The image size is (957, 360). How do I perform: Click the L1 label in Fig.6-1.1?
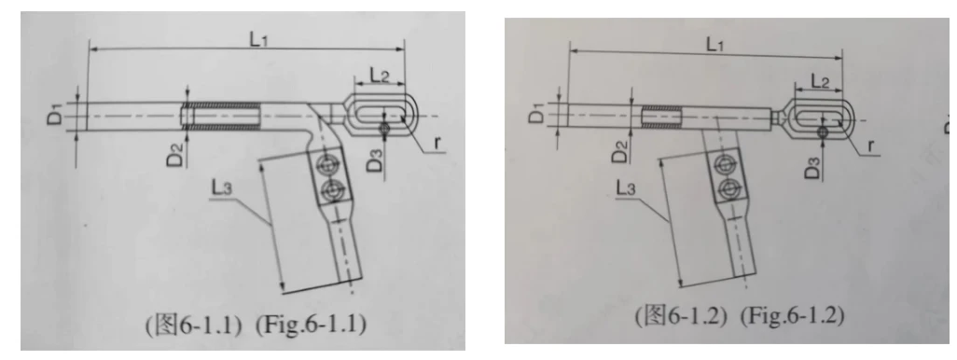pos(260,38)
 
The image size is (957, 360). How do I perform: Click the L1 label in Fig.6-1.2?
pos(718,44)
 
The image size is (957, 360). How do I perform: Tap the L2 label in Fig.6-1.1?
pos(380,75)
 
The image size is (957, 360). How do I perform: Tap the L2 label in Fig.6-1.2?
pos(821,80)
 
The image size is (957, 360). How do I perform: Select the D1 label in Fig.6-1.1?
pos(55,114)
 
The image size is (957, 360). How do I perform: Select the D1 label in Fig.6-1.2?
pos(537,113)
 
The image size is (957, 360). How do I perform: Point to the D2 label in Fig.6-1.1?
pos(177,158)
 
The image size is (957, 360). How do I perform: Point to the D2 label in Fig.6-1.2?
pos(620,152)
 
